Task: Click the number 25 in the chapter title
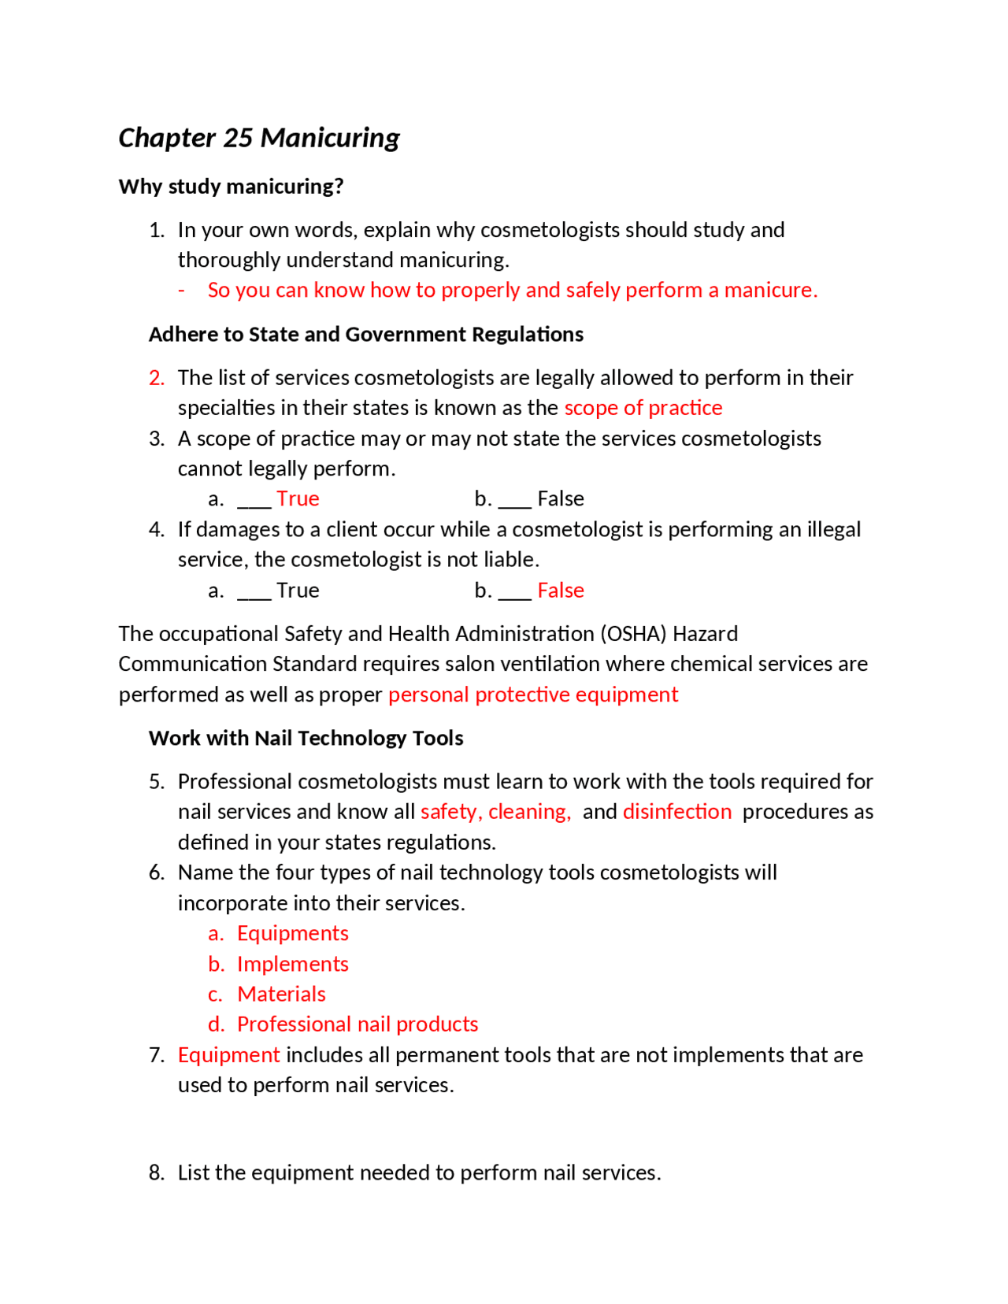(238, 138)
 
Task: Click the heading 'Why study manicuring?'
(231, 187)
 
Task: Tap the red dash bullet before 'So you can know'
(182, 291)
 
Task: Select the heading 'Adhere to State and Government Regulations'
(365, 335)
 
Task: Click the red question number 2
(156, 378)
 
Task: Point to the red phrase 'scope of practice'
(643, 408)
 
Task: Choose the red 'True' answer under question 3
(298, 499)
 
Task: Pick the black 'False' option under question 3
(560, 499)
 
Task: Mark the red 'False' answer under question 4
(560, 591)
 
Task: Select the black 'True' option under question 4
(298, 591)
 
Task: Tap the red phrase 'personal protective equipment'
(532, 695)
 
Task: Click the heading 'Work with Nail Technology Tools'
(306, 739)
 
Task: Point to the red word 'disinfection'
(676, 812)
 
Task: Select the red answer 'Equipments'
(292, 933)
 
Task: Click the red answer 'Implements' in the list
(292, 964)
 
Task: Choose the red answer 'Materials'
(281, 995)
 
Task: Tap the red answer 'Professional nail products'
(358, 1024)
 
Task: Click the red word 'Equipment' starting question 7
(228, 1055)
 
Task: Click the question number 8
(156, 1173)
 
